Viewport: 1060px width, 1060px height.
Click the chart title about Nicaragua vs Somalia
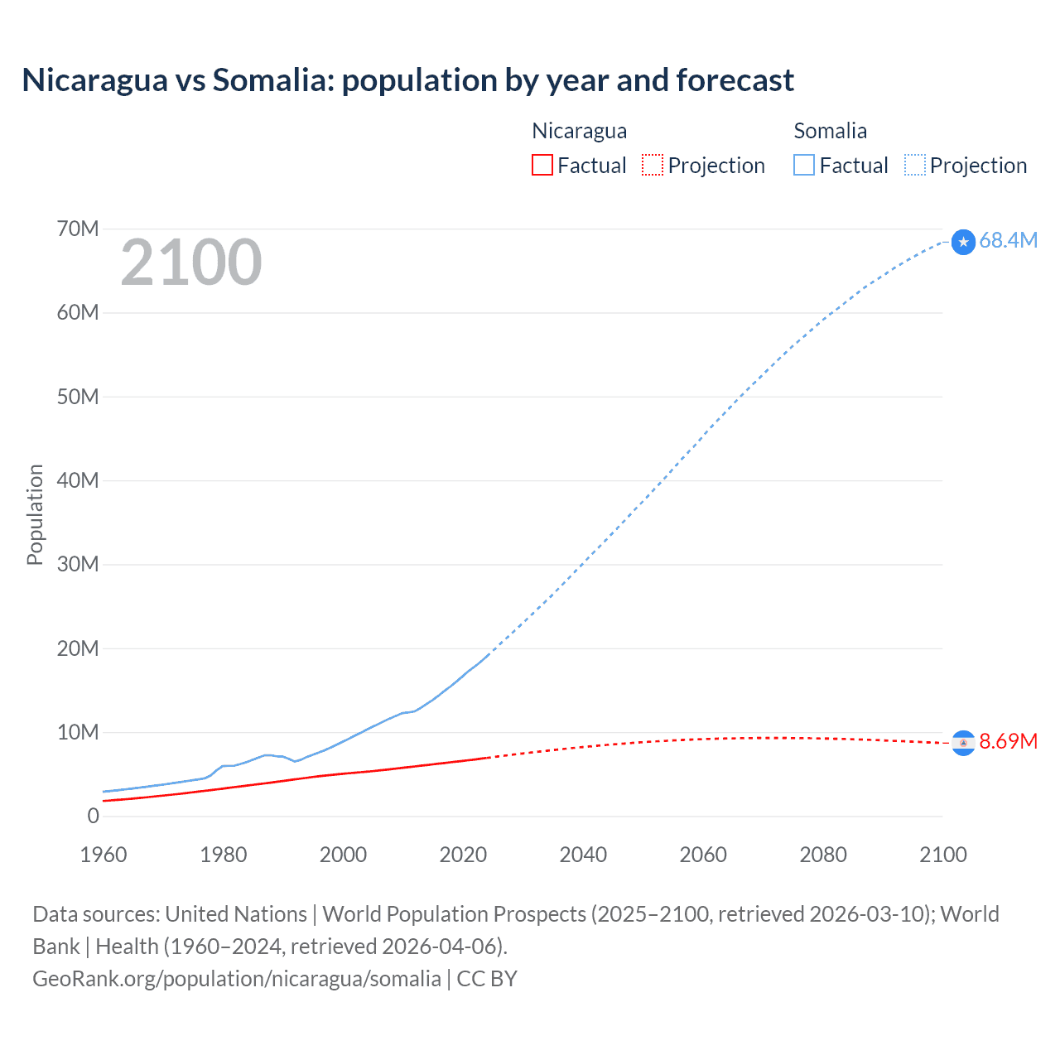click(407, 80)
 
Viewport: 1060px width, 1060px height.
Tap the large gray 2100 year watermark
click(191, 263)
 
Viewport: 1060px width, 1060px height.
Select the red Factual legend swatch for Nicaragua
click(542, 165)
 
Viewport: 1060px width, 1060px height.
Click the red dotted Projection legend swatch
click(653, 165)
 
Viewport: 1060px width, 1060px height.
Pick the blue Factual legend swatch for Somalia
click(803, 165)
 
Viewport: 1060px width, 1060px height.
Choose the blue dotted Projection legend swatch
click(914, 165)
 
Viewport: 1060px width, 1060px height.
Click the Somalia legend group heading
click(830, 131)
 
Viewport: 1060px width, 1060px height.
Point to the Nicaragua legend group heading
click(579, 131)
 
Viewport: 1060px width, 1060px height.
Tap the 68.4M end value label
click(1008, 240)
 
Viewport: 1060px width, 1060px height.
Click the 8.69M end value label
click(1008, 741)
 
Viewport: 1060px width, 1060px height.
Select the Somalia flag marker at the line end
click(963, 242)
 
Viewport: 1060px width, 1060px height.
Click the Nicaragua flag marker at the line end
click(963, 744)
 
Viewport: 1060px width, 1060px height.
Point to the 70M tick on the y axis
click(78, 229)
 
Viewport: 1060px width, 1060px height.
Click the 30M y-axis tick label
click(78, 564)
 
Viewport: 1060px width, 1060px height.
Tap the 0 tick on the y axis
click(93, 816)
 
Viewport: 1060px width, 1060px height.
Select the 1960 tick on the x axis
click(104, 855)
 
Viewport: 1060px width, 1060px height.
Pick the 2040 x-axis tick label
click(583, 855)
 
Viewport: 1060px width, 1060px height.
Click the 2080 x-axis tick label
click(823, 855)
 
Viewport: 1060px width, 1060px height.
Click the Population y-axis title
click(35, 514)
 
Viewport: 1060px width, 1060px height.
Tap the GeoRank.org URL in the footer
click(237, 979)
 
